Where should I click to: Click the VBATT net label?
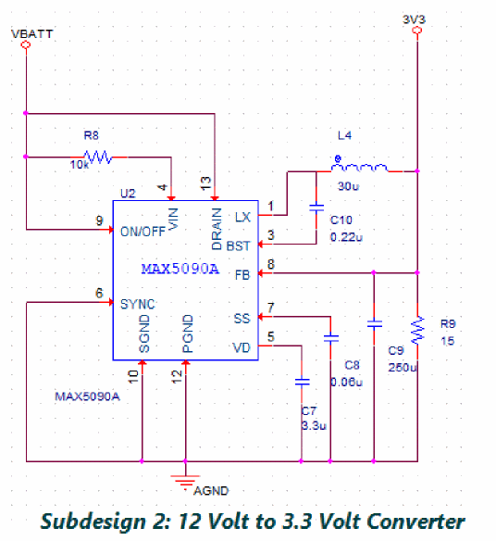point(32,33)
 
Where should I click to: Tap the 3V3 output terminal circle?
point(417,31)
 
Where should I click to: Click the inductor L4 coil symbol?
point(359,168)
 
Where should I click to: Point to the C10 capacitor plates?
point(316,208)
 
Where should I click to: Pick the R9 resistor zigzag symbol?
point(417,330)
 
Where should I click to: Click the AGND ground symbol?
point(185,481)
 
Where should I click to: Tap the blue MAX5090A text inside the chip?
point(180,269)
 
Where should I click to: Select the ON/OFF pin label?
point(143,232)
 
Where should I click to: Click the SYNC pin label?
point(138,304)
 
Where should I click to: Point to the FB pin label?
point(242,275)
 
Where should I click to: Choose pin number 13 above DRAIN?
point(205,182)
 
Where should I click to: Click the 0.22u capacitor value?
point(346,237)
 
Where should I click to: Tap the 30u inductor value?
point(348,186)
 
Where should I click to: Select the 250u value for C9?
point(403,367)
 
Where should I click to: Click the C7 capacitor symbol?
point(302,382)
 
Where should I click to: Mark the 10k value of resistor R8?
point(80,165)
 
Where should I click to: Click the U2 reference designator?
point(128,194)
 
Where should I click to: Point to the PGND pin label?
point(188,333)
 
